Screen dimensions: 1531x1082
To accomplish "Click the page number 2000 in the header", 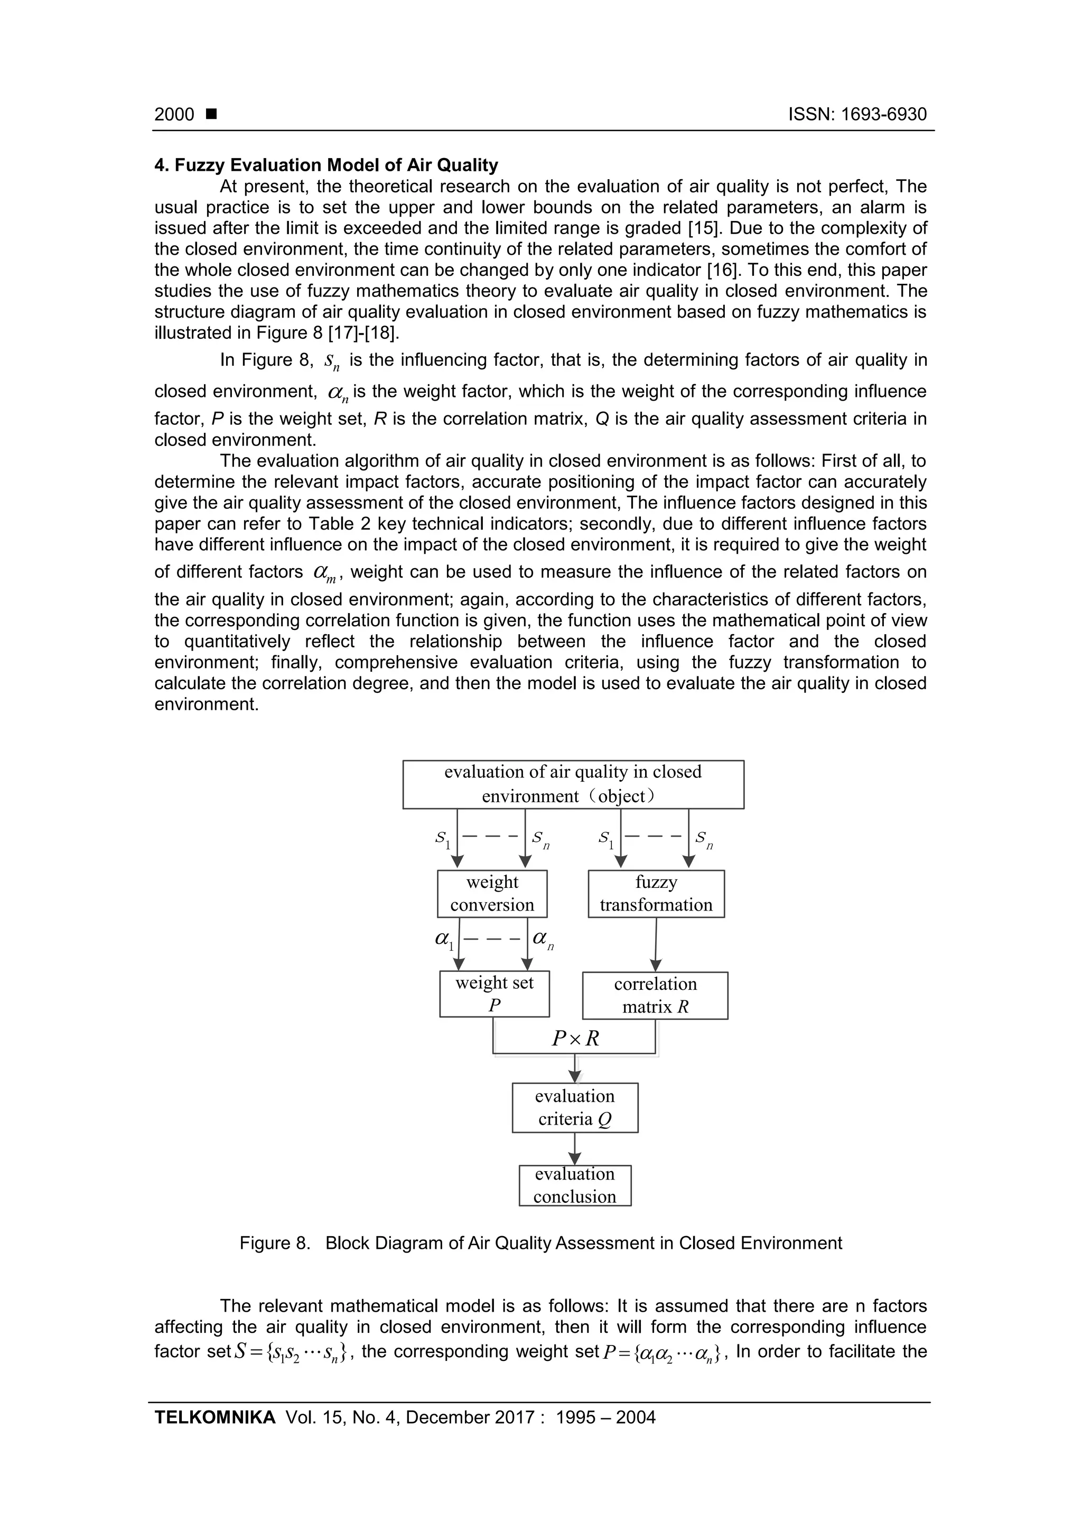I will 174,115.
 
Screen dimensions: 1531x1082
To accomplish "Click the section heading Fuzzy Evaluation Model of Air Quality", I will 327,165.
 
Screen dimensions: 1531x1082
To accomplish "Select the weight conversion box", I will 492,894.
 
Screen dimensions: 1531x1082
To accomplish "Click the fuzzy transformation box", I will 656,894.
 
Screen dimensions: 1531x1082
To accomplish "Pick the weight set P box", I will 494,994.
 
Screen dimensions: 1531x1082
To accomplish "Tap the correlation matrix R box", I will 655,995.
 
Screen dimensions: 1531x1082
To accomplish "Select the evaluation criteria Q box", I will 575,1108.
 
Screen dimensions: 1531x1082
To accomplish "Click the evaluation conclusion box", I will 575,1185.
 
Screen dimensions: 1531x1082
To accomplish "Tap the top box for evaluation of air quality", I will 573,784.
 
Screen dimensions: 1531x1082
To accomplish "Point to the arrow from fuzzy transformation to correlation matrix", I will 656,944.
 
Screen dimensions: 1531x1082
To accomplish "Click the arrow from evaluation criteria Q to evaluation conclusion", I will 575,1149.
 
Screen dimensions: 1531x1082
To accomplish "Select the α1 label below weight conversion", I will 444,940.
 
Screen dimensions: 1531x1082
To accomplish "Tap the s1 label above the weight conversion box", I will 443,839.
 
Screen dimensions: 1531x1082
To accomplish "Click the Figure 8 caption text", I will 540,1243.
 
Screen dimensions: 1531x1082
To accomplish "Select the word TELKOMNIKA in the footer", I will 214,1417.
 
